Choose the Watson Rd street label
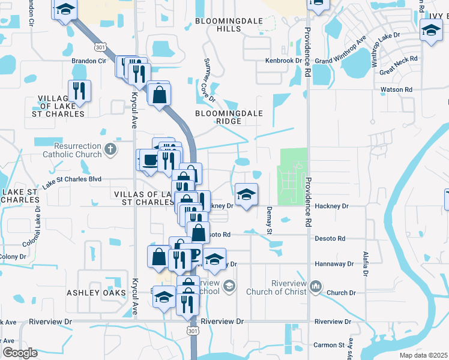[396, 89]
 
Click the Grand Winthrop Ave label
[341, 52]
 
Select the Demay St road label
[269, 220]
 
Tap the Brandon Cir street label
[89, 61]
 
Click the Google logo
[20, 353]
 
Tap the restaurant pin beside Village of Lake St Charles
[79, 91]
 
